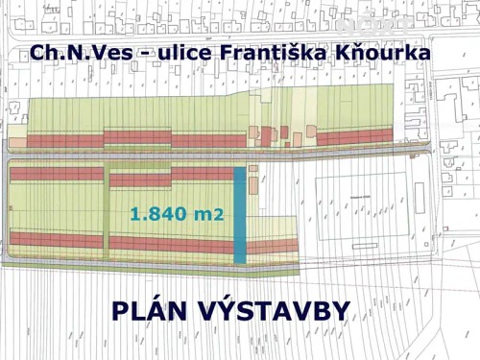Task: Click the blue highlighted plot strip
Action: click(x=240, y=215)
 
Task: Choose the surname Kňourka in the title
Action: click(x=379, y=54)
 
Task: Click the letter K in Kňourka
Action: click(x=339, y=54)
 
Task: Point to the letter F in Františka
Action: click(x=215, y=54)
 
